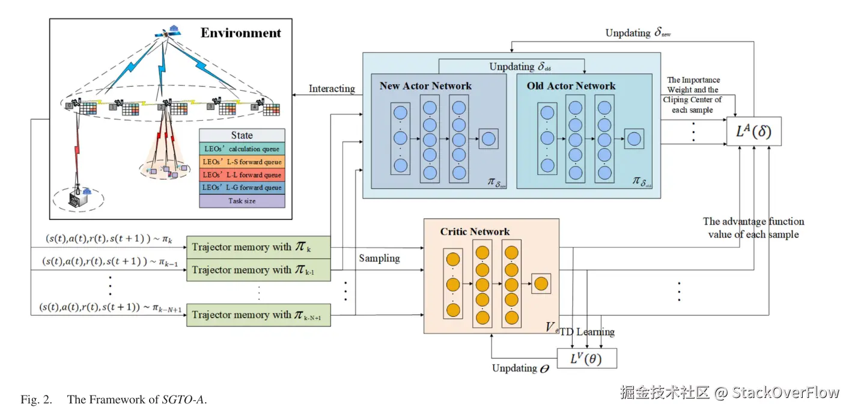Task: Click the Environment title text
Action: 240,33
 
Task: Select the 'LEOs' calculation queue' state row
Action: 242,148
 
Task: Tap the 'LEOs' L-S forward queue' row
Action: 242,162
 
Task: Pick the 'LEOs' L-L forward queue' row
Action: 242,175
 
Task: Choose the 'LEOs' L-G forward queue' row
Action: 242,188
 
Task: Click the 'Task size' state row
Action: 242,201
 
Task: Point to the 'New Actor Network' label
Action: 425,86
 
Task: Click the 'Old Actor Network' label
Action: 571,86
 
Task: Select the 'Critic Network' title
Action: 475,231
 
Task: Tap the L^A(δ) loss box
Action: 753,131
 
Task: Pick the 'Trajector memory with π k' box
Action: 259,247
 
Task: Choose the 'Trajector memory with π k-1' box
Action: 259,270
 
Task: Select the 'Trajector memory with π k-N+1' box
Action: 259,315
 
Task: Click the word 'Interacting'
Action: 332,89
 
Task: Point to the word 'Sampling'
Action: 379,258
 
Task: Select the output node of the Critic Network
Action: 541,283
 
